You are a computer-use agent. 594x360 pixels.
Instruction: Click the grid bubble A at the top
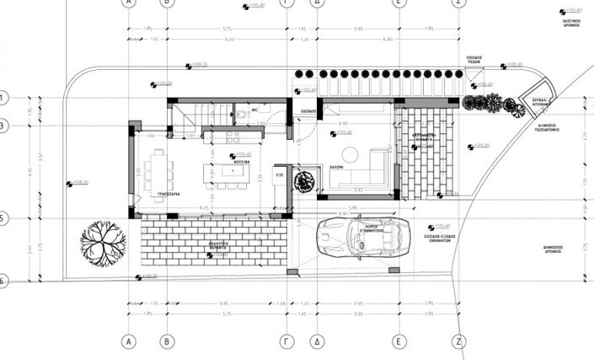pos(129,3)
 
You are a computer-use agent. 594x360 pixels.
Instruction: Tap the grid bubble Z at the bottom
pos(459,341)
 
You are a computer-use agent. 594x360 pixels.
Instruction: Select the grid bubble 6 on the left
pos(3,281)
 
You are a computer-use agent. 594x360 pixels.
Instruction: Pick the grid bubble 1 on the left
pos(3,98)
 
